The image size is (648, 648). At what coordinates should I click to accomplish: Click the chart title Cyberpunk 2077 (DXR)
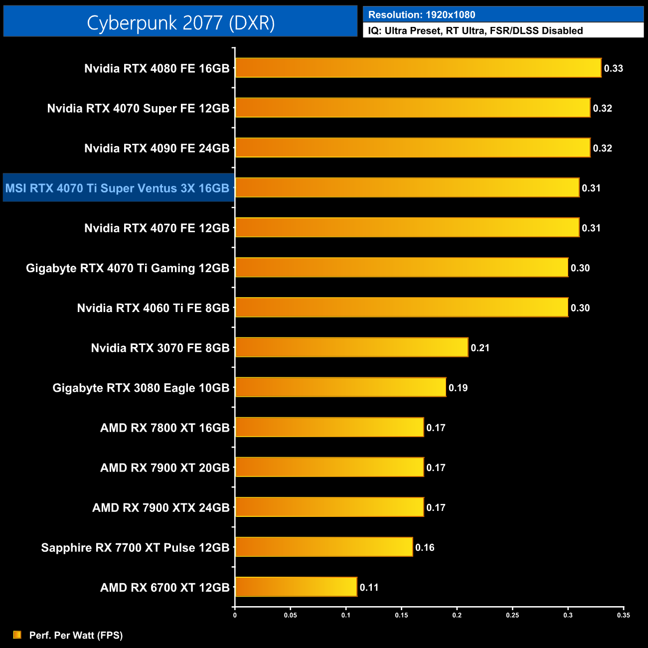(x=180, y=22)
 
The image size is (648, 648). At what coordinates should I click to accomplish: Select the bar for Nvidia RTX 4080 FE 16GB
(x=418, y=68)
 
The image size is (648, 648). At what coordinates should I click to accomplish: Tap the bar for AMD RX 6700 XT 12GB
(x=296, y=587)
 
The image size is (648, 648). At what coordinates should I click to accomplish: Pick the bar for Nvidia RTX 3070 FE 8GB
(x=351, y=347)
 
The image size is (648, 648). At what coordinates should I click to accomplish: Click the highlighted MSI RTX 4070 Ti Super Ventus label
(x=118, y=188)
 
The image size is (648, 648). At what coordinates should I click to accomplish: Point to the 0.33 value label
(x=614, y=68)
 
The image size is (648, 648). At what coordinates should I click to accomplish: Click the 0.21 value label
(x=480, y=348)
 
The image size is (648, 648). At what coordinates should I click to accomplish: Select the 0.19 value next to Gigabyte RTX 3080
(x=458, y=388)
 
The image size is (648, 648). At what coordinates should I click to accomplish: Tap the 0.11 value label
(x=369, y=587)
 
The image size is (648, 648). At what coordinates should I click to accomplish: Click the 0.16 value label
(x=425, y=547)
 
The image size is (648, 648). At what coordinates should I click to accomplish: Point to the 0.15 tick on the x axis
(x=401, y=615)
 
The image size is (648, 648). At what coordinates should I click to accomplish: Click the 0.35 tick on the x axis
(x=624, y=615)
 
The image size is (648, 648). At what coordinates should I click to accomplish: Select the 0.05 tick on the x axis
(x=291, y=615)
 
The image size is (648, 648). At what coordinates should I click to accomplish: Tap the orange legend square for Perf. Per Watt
(x=17, y=635)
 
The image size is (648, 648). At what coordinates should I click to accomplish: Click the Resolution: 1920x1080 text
(x=422, y=15)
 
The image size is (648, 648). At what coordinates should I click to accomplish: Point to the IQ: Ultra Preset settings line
(x=476, y=31)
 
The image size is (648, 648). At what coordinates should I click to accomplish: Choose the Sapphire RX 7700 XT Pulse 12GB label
(x=135, y=547)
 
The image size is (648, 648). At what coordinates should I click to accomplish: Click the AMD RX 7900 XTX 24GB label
(x=161, y=507)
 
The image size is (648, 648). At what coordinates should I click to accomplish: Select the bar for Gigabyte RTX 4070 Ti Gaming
(x=402, y=268)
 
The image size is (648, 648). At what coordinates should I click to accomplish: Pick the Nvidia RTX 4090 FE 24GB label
(x=157, y=148)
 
